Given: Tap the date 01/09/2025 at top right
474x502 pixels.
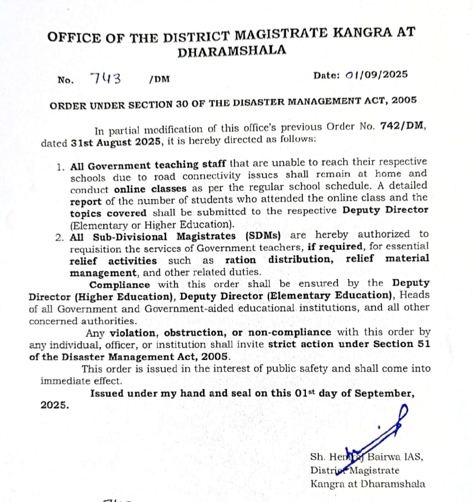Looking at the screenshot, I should click(x=376, y=74).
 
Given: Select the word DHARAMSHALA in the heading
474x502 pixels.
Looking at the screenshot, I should click(x=231, y=51).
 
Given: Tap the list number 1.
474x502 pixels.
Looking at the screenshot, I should click(x=61, y=167).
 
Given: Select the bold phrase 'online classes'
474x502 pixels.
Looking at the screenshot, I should click(x=150, y=189).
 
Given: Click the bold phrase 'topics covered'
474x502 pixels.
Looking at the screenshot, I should click(x=108, y=214).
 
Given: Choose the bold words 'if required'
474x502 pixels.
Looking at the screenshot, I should click(x=335, y=247).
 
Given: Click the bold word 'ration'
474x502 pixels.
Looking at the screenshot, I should click(x=240, y=260).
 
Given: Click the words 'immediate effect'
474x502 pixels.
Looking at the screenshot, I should click(x=81, y=381).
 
